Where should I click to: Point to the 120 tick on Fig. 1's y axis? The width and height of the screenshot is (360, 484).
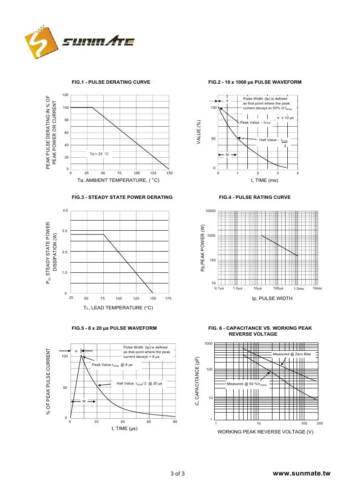[x=65, y=95]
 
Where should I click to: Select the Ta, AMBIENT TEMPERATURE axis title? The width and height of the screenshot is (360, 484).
[x=118, y=180]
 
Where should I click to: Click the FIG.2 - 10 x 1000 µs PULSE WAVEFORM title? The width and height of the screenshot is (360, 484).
[x=255, y=82]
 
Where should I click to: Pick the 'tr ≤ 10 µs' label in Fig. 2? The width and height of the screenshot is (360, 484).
[x=285, y=117]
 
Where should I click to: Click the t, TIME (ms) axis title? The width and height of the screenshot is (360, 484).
[x=258, y=180]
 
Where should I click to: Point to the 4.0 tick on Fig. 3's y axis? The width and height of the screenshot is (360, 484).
[x=65, y=210]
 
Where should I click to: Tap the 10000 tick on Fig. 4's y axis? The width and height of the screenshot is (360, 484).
[x=210, y=211]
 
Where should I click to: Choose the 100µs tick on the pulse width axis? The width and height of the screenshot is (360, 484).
[x=278, y=289]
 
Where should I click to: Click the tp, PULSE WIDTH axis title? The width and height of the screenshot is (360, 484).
[x=272, y=298]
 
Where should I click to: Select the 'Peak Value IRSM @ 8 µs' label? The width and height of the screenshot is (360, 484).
[x=112, y=365]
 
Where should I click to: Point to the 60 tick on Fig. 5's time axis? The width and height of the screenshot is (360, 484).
[x=149, y=422]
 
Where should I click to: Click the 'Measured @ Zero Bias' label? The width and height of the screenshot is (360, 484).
[x=292, y=354]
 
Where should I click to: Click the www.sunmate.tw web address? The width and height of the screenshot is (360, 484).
[x=301, y=473]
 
